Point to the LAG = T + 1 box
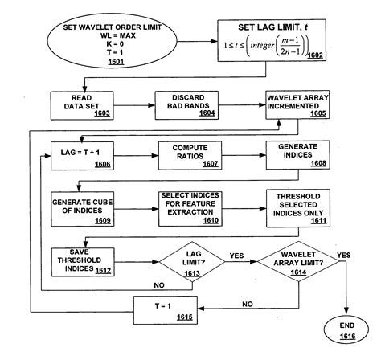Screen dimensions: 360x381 pos(83,154)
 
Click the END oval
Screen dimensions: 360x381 pos(346,331)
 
